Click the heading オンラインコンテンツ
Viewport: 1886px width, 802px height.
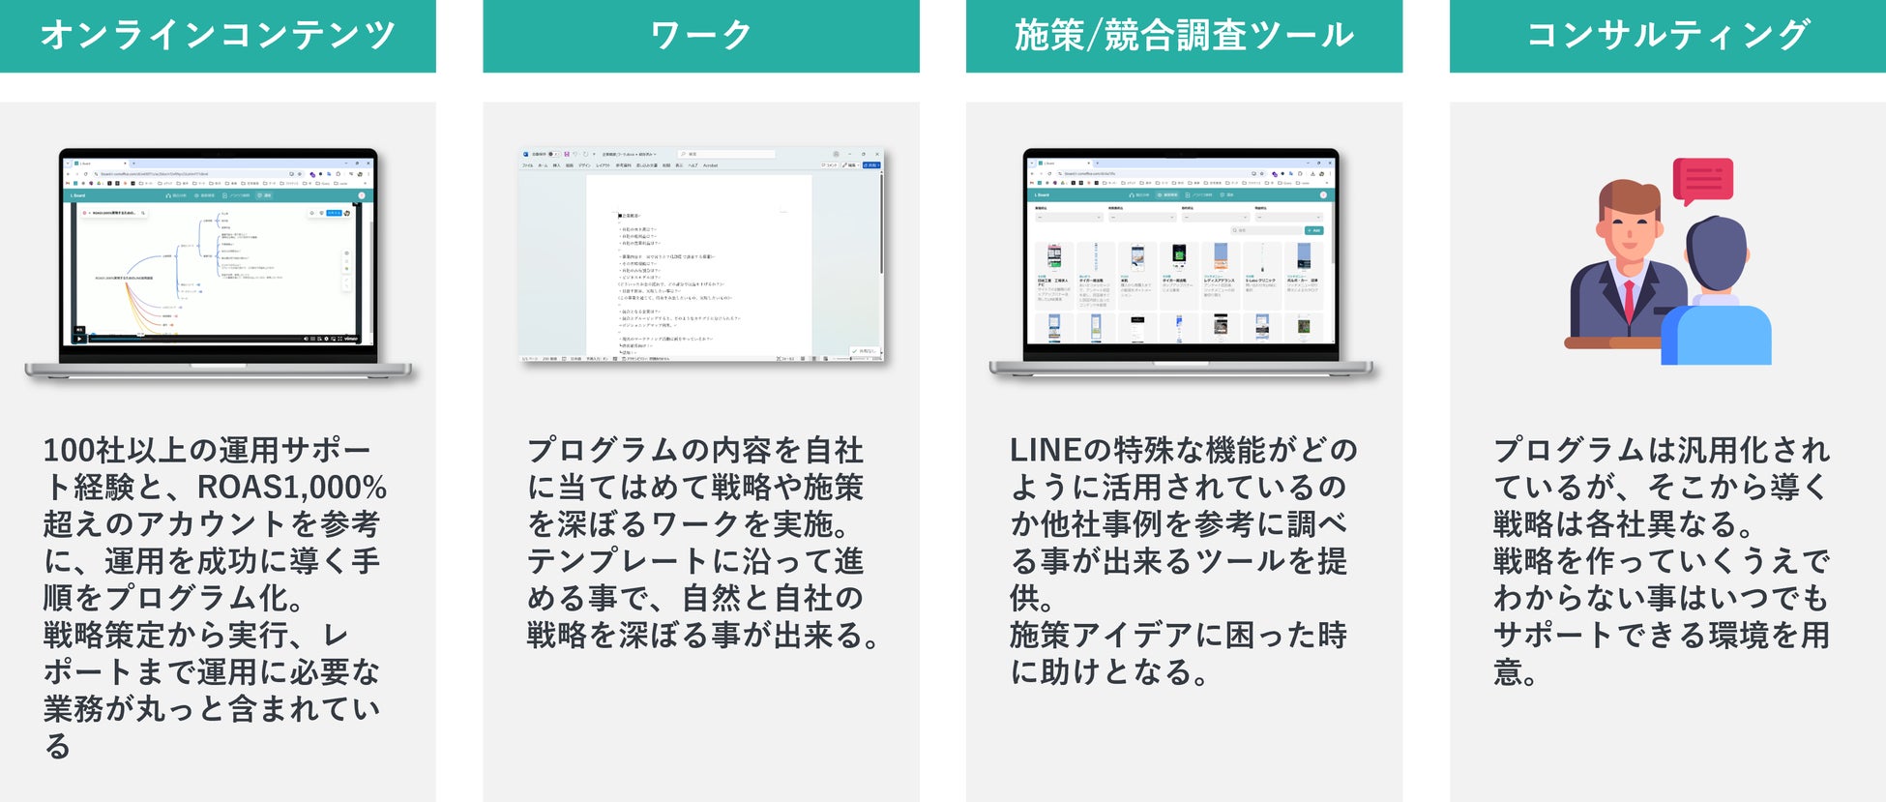pyautogui.click(x=218, y=36)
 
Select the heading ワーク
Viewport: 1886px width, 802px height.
pyautogui.click(x=700, y=36)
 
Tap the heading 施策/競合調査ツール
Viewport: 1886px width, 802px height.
pyautogui.click(x=1184, y=36)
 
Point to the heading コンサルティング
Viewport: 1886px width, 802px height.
pyautogui.click(x=1667, y=36)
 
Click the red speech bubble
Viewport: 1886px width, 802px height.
pyautogui.click(x=1702, y=180)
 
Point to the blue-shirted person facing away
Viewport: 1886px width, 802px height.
pyautogui.click(x=1717, y=310)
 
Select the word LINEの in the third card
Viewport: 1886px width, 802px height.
pyautogui.click(x=1060, y=450)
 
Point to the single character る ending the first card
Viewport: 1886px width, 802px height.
pyautogui.click(x=58, y=746)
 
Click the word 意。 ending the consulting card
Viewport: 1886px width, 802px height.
pyautogui.click(x=1515, y=672)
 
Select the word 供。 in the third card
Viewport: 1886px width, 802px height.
pyautogui.click(x=1031, y=599)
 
